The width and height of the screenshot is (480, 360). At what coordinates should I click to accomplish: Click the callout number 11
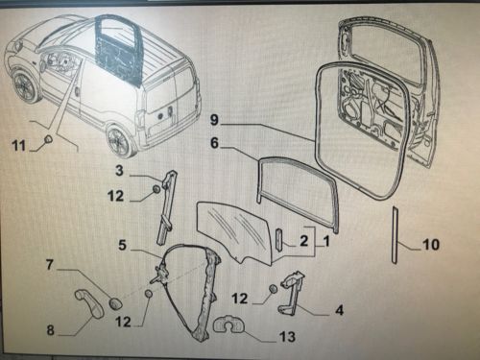[18, 146]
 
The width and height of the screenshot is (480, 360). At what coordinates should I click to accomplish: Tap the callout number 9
[214, 120]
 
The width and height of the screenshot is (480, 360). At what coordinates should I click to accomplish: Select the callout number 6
[214, 143]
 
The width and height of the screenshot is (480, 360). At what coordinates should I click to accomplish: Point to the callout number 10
[431, 245]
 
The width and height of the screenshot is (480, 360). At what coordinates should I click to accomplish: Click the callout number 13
[287, 337]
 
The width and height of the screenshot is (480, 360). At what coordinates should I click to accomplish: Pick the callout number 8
[51, 330]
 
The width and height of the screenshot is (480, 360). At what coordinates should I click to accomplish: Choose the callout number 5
[123, 246]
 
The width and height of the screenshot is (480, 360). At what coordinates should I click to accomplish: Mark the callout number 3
[119, 171]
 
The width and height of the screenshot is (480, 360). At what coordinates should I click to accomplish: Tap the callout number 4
[339, 310]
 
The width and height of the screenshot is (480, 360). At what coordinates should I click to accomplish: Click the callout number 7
[49, 265]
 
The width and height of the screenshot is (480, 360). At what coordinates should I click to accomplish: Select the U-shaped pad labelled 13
[228, 324]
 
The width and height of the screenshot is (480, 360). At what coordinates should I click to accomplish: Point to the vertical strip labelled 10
[395, 235]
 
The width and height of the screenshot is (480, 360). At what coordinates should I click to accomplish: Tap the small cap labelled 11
[49, 139]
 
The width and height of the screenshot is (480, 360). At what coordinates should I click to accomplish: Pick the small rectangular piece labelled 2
[278, 240]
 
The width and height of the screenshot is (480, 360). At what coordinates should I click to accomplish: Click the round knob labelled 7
[115, 303]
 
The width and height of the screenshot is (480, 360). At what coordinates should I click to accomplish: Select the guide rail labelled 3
[167, 206]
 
